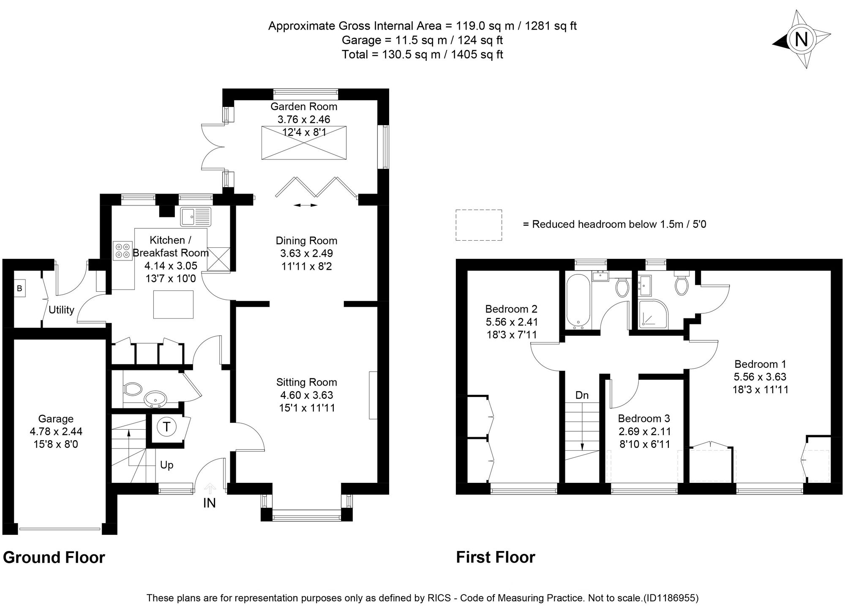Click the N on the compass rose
pyautogui.click(x=801, y=39)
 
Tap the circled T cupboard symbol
pyautogui.click(x=166, y=427)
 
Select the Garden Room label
pyautogui.click(x=304, y=107)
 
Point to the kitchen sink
pyautogui.click(x=196, y=216)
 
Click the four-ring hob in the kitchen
pyautogui.click(x=123, y=250)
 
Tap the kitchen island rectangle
pyautogui.click(x=173, y=304)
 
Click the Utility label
pyautogui.click(x=61, y=310)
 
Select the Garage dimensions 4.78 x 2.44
pyautogui.click(x=56, y=432)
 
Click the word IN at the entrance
pyautogui.click(x=210, y=503)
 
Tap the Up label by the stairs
pyautogui.click(x=166, y=466)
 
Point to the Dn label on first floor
pyautogui.click(x=582, y=395)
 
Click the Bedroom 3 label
pyautogui.click(x=644, y=419)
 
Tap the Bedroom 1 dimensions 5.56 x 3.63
pyautogui.click(x=760, y=377)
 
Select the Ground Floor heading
pyautogui.click(x=54, y=557)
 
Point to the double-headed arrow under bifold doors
pyautogui.click(x=306, y=205)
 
